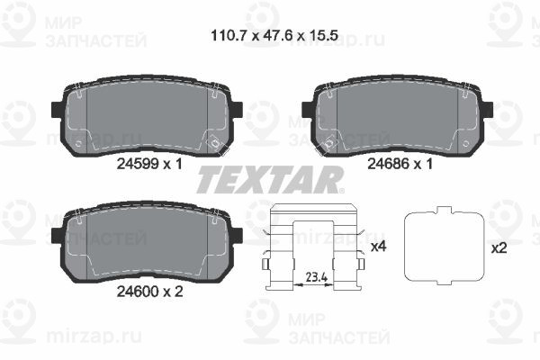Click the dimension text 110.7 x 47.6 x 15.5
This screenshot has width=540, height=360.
click(269, 37)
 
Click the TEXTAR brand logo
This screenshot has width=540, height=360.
click(269, 180)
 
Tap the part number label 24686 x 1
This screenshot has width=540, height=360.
click(401, 165)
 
